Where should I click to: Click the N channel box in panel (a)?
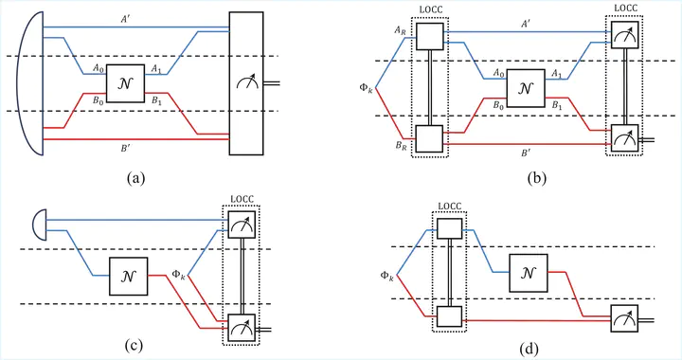125,83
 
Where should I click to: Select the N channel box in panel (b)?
526,88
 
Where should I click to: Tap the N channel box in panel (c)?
128,276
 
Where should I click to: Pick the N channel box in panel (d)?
529,273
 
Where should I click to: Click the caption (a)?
135,177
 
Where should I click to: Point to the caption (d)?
529,349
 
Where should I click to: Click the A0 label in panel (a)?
98,68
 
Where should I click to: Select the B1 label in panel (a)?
156,100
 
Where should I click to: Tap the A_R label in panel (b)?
400,30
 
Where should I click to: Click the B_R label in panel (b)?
401,146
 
